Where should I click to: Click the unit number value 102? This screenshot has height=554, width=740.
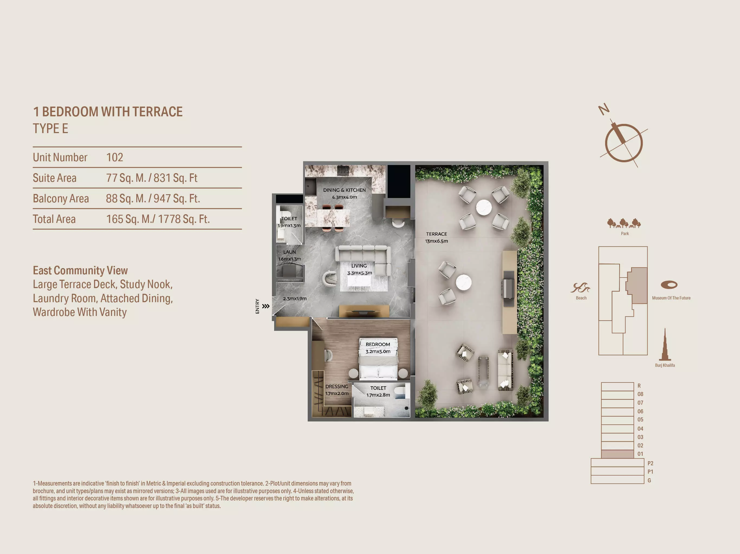114,157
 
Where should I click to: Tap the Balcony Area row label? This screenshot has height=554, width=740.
61,199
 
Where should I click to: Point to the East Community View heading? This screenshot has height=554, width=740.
80,270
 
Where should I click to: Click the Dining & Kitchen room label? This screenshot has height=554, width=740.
344,193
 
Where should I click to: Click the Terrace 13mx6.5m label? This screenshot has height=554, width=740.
437,238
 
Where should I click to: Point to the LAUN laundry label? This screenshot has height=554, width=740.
290,256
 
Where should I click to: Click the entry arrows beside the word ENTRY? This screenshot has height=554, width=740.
266,306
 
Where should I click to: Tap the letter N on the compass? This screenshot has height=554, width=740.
604,109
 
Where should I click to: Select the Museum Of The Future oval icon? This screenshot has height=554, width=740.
669,285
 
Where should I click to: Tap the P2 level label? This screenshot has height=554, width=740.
650,463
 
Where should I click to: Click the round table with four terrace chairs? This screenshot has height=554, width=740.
484,207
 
